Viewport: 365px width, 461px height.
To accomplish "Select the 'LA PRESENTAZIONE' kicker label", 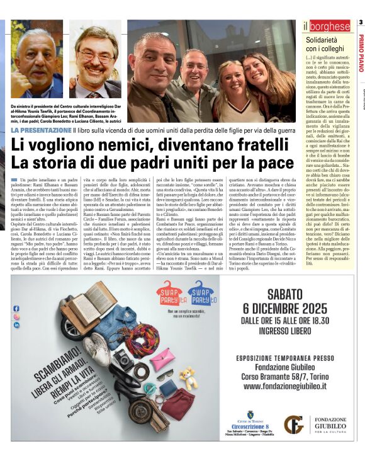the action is point(39,130).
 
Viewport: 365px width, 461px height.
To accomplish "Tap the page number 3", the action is point(361,23).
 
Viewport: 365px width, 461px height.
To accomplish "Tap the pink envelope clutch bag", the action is point(162,359).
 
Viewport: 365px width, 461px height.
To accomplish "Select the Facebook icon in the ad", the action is point(16,308).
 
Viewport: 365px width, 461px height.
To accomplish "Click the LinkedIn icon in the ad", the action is point(16,326).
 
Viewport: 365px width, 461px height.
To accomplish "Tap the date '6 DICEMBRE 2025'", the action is point(284,309).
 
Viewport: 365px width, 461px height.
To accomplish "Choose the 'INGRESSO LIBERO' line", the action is point(284,334).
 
